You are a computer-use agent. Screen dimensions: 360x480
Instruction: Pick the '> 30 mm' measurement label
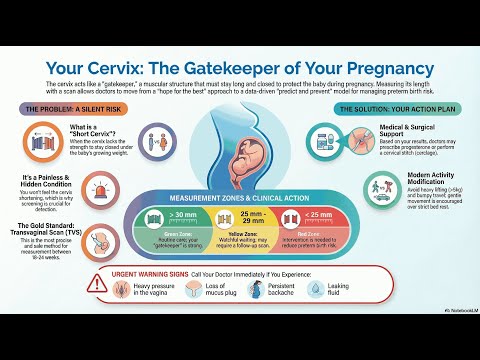184,215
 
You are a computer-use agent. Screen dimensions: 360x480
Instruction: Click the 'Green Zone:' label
185,235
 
